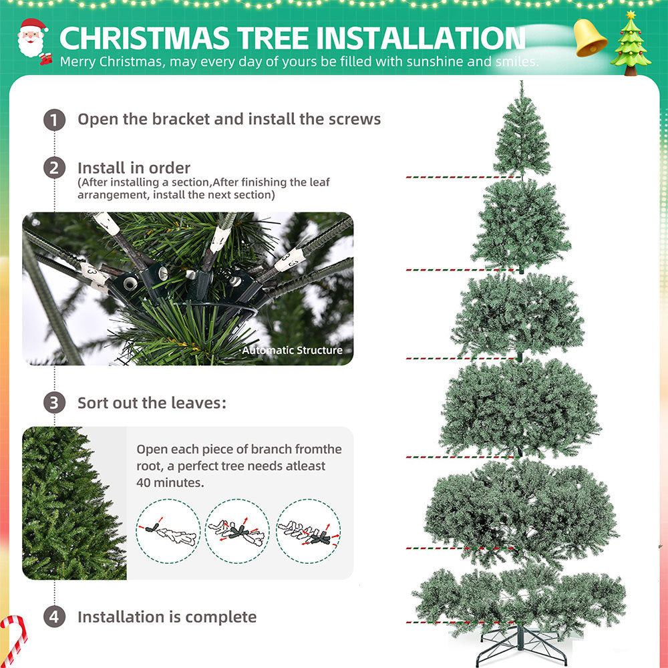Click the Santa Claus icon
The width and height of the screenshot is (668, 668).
click(x=33, y=41)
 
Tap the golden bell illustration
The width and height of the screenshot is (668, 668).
click(x=590, y=38)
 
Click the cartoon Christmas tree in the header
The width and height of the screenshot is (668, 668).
click(x=631, y=43)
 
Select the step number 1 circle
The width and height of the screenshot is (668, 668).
click(x=54, y=120)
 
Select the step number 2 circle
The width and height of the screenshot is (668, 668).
click(x=54, y=168)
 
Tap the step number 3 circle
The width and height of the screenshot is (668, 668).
click(x=54, y=403)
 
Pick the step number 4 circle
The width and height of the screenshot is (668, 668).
click(x=54, y=617)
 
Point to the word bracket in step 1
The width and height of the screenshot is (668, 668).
click(x=181, y=119)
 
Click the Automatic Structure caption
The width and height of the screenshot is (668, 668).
click(x=293, y=350)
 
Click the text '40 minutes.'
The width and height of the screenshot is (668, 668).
click(x=170, y=483)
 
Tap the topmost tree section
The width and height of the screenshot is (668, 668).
click(x=522, y=130)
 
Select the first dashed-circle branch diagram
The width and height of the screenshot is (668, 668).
click(x=168, y=531)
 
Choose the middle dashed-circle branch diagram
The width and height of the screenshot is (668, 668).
click(x=237, y=531)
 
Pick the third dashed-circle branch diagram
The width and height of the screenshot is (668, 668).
click(x=309, y=531)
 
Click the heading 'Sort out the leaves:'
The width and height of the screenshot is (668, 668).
click(x=152, y=403)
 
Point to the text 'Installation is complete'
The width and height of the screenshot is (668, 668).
click(x=167, y=617)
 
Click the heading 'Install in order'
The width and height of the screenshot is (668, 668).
click(x=134, y=168)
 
